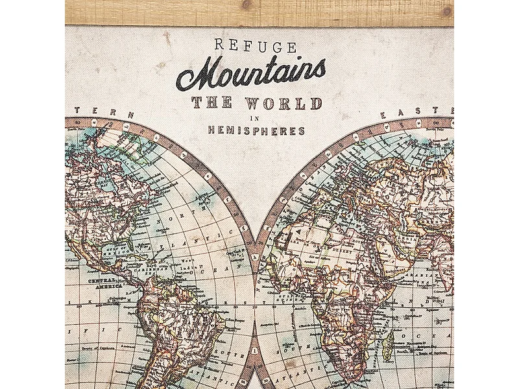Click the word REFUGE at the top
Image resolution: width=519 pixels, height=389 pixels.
coord(255,47)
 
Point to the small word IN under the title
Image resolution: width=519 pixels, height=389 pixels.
coord(256,118)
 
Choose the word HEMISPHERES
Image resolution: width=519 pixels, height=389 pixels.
coord(256,130)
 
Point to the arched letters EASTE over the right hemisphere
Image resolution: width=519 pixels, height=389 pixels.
coord(415,112)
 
